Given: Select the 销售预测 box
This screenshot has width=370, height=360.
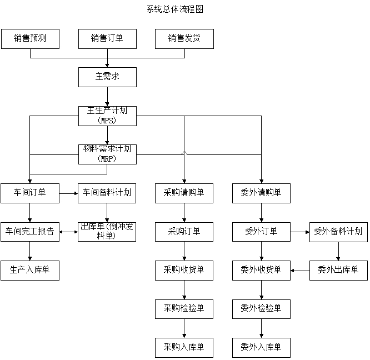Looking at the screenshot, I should tap(30, 39).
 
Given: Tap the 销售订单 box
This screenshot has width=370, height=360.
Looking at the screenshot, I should tap(107, 39).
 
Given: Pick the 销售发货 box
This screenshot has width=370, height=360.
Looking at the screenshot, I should tap(184, 39).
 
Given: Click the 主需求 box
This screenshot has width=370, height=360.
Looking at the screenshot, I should tap(107, 77).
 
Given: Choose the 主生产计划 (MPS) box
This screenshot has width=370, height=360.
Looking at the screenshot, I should tap(107, 115).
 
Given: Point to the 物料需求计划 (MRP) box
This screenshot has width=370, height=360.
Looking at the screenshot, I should tap(107, 154).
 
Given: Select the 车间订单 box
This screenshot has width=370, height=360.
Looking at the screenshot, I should tap(30, 193).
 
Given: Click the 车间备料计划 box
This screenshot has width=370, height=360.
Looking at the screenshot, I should tap(107, 193).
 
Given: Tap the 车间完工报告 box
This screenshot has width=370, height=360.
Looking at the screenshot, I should tap(30, 231).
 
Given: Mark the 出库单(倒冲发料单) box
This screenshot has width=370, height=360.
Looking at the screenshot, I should tap(107, 231).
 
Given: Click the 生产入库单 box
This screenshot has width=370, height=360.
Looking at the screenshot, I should tap(30, 270).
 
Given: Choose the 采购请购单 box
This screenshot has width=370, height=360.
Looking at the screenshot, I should tap(184, 193).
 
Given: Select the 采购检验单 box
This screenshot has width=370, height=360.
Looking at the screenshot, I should tap(184, 308).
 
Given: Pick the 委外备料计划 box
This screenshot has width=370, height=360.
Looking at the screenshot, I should tap(338, 231).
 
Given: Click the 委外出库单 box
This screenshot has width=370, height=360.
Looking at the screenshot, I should tap(338, 270).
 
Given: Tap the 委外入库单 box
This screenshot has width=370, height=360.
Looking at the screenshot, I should tap(261, 347).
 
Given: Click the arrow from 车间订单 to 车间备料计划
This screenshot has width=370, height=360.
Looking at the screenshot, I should tap(68, 193).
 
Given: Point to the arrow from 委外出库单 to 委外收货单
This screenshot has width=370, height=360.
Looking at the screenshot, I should tap(300, 271).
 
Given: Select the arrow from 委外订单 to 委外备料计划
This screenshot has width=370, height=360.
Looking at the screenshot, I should tap(300, 232).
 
